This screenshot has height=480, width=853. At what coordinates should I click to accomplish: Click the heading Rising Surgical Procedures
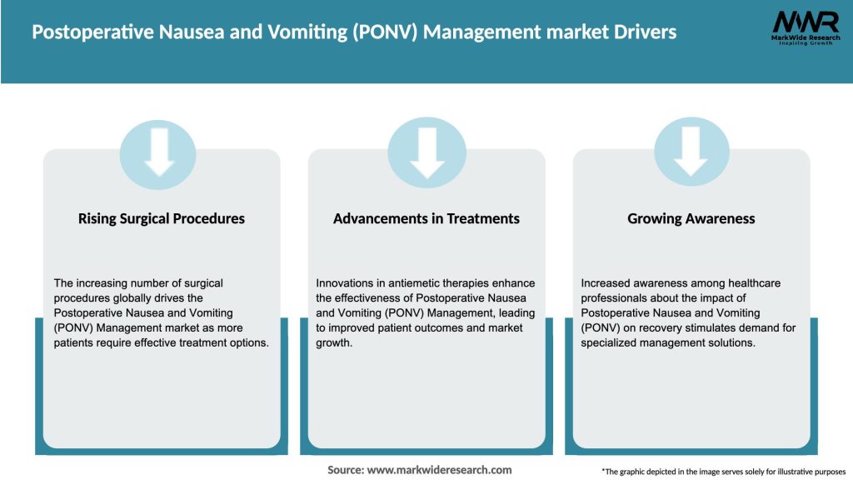[x=162, y=218]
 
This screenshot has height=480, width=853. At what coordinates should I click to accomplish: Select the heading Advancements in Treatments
[x=426, y=218]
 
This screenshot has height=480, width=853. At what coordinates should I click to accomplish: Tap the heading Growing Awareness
[x=691, y=218]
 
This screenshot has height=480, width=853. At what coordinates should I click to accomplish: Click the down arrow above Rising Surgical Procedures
[x=158, y=150]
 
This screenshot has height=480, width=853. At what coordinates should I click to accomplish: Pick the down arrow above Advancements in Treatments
[x=427, y=150]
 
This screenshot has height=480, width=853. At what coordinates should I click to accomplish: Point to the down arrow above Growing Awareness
[x=691, y=150]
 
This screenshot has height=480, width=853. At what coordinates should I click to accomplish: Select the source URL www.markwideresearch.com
[x=440, y=470]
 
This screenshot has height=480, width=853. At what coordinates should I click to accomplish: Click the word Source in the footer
[x=345, y=470]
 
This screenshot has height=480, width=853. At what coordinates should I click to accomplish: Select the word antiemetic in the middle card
[x=412, y=283]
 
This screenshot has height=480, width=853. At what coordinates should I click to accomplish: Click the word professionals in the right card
[x=616, y=298]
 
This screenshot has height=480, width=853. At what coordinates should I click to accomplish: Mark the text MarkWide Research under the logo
[x=805, y=37]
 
